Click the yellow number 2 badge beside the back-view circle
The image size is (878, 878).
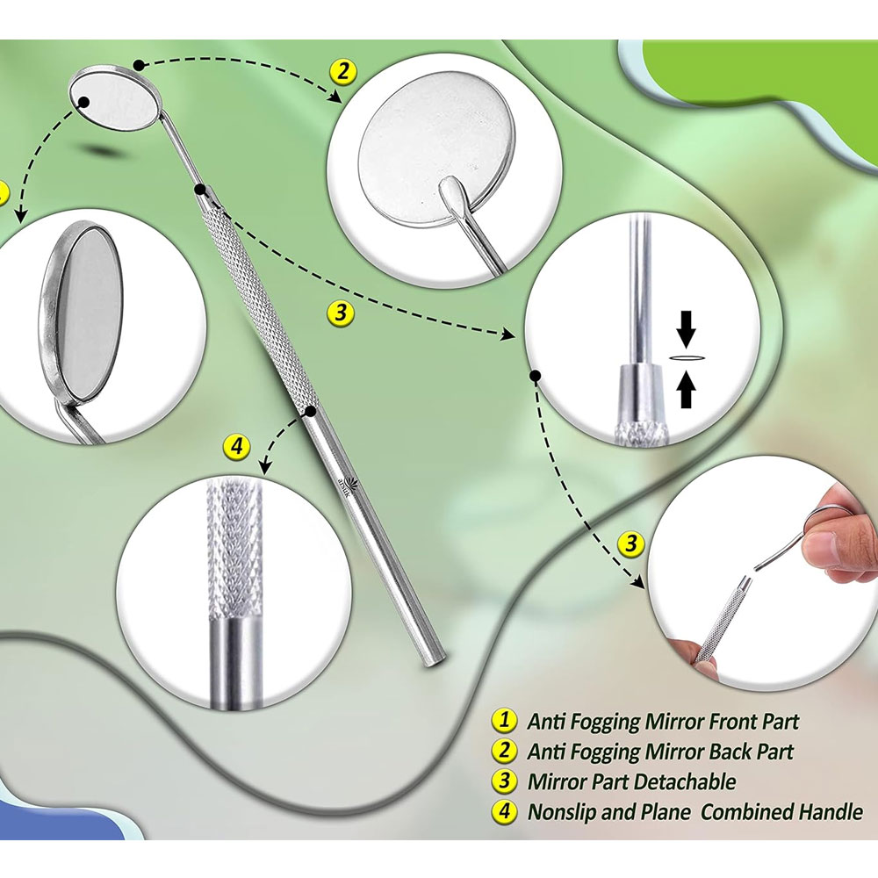pos(342,72)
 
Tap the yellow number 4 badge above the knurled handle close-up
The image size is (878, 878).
pos(236,448)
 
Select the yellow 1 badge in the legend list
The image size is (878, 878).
pos(504,720)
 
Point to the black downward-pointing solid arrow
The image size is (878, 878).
pos(686,330)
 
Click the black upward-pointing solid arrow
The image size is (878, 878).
pos(686,390)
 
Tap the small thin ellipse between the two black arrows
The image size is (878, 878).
pos(686,357)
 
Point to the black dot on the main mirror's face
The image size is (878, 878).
pos(83,102)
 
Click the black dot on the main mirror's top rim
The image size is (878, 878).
pos(139,66)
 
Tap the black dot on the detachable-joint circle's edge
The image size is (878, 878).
pos(535,375)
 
